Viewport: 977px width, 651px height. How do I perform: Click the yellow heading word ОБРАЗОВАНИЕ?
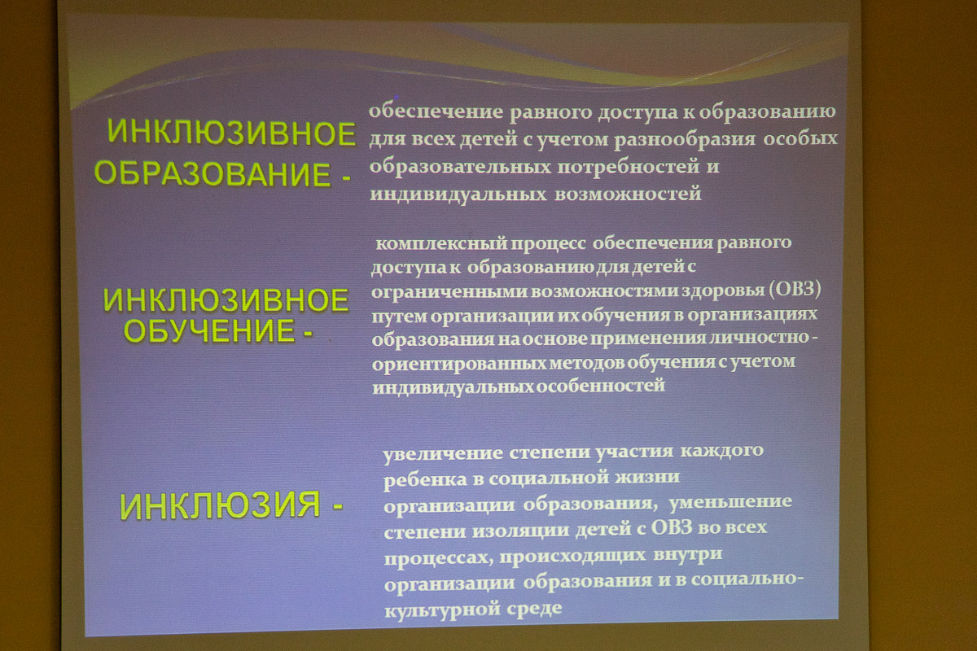[212, 174]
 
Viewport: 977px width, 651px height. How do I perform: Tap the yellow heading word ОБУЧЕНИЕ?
[209, 330]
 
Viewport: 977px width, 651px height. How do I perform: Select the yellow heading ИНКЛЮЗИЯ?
[221, 505]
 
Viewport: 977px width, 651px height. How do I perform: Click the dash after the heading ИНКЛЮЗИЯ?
[338, 507]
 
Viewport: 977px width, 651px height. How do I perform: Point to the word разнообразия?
[685, 140]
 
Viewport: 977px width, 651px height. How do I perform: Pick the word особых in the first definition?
[800, 138]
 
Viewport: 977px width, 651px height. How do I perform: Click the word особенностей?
[600, 386]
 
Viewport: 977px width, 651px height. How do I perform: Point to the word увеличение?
[443, 454]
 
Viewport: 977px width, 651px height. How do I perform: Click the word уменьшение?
[730, 502]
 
